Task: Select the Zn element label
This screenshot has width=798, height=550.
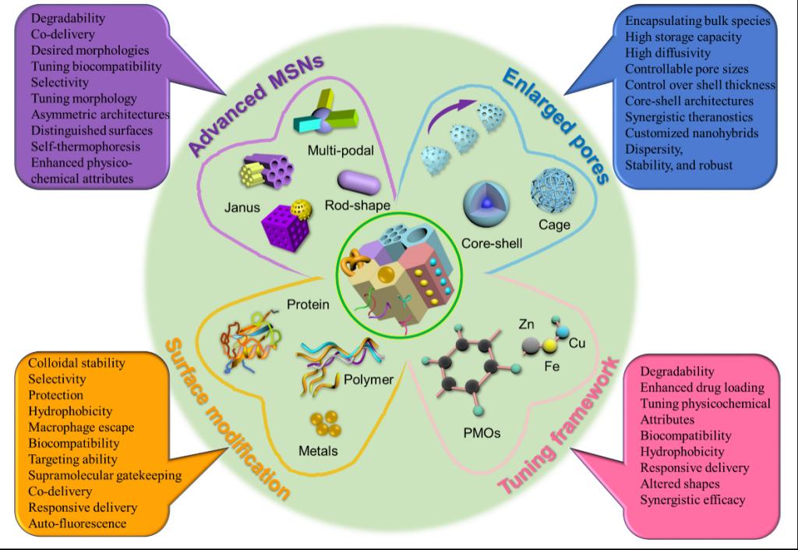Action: pyautogui.click(x=528, y=324)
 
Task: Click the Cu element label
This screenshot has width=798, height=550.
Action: pyautogui.click(x=577, y=342)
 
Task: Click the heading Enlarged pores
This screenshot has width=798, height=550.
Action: pyautogui.click(x=555, y=125)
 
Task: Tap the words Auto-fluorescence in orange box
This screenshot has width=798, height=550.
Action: pyautogui.click(x=77, y=523)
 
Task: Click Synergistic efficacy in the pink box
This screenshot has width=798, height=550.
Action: pyautogui.click(x=693, y=499)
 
